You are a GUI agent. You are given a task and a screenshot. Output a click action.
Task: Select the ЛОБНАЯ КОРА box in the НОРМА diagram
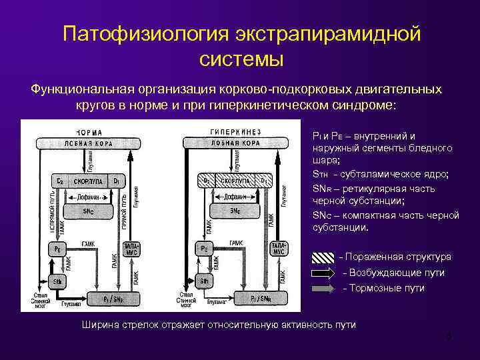click(84, 142)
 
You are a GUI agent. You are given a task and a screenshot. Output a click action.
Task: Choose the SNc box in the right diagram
click(235, 211)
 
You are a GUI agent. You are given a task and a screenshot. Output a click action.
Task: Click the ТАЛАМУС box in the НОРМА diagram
click(130, 249)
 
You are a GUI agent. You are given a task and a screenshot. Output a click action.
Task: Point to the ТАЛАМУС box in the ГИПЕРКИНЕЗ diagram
click(279, 249)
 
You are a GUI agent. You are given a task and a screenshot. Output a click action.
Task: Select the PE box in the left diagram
click(57, 248)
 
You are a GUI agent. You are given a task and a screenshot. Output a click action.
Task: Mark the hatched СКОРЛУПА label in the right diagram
click(235, 180)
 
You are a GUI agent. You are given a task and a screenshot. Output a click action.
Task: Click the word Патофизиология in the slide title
click(143, 34)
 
